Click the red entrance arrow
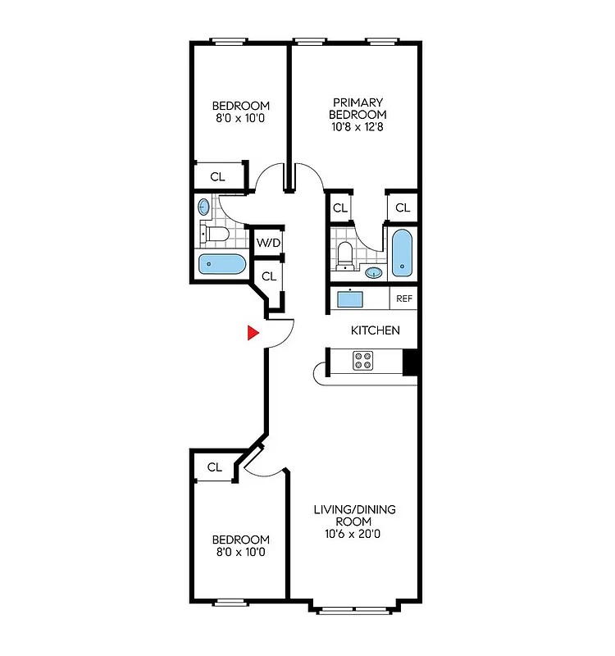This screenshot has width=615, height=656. pos(254,332)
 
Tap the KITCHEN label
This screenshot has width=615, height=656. pos(376,330)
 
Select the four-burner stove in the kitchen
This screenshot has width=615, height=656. pos(364,361)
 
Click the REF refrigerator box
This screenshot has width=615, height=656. pos(403,298)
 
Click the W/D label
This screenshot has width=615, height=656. pos(268,243)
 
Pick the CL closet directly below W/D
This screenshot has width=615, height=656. pos(268,276)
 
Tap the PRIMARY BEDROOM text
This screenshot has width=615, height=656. pos(358,108)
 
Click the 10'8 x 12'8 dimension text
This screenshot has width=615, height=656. pos(358,127)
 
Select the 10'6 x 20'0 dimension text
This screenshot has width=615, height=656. pos(353,534)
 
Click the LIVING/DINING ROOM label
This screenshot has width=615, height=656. pos(354,515)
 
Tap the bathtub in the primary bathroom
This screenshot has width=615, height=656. pos(402,255)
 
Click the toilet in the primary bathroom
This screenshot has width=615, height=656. pos(345,253)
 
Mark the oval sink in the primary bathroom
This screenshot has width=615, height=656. pos(374,273)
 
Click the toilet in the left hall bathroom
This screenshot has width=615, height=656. pos(216,235)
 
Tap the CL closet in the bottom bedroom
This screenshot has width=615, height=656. pos(214,467)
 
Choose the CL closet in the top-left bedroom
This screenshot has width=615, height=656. pos(218,176)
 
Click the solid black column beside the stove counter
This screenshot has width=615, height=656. pos(412,362)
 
